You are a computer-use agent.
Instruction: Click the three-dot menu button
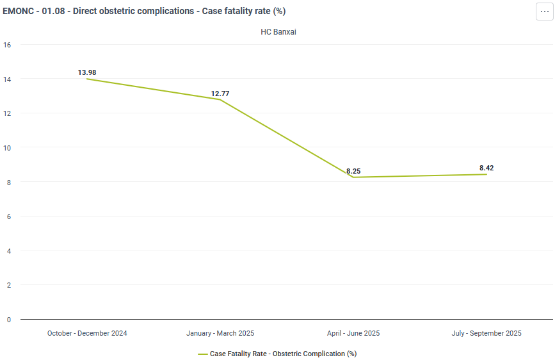tap(544, 12)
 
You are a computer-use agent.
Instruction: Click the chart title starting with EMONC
tap(144, 11)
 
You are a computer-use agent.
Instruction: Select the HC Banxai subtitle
tap(278, 32)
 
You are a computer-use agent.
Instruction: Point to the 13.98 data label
tap(87, 72)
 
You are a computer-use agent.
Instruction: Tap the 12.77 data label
tap(220, 94)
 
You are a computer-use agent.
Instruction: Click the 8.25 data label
tap(353, 171)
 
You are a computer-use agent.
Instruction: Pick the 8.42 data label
tap(487, 168)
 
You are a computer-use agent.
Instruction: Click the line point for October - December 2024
tap(87, 79)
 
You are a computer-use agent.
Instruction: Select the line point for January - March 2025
tap(220, 99)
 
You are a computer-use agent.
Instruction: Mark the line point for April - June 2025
tap(353, 177)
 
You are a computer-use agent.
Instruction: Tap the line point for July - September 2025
tap(487, 174)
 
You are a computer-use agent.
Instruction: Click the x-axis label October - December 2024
tap(87, 333)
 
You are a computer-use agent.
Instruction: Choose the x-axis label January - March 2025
tap(220, 333)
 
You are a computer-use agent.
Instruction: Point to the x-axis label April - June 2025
tap(353, 333)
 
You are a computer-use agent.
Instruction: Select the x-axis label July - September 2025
tap(487, 333)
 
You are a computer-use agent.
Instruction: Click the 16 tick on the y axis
tap(7, 45)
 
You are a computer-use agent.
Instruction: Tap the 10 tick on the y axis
tap(7, 148)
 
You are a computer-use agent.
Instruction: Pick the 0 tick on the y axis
tap(9, 320)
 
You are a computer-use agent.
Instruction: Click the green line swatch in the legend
tap(203, 354)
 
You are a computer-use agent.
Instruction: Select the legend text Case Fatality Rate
tap(238, 354)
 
